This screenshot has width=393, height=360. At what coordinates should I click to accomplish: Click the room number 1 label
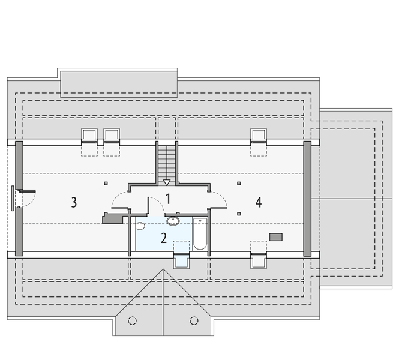pyautogui.click(x=169, y=199)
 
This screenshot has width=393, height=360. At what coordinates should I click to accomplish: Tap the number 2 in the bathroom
pyautogui.click(x=163, y=237)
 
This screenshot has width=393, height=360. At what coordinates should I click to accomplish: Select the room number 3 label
pyautogui.click(x=74, y=202)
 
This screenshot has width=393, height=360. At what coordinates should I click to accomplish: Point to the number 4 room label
pyautogui.click(x=259, y=202)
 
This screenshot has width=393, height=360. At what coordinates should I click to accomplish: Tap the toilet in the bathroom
pyautogui.click(x=140, y=226)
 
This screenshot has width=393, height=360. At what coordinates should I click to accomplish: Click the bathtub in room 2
pyautogui.click(x=200, y=235)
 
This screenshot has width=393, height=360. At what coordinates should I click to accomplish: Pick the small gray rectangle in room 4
pyautogui.click(x=276, y=237)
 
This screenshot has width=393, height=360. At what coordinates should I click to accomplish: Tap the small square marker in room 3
pyautogui.click(x=106, y=183)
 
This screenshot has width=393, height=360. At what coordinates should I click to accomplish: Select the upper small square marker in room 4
pyautogui.click(x=239, y=183)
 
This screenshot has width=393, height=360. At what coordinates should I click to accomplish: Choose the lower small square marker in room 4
pyautogui.click(x=239, y=212)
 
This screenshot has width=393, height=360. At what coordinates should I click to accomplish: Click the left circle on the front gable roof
pyautogui.click(x=134, y=320)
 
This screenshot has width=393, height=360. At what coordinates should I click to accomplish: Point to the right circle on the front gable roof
pyautogui.click(x=194, y=320)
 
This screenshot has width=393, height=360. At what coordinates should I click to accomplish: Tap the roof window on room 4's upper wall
pyautogui.click(x=259, y=136)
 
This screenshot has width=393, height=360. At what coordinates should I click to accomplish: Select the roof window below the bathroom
pyautogui.click(x=181, y=260)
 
